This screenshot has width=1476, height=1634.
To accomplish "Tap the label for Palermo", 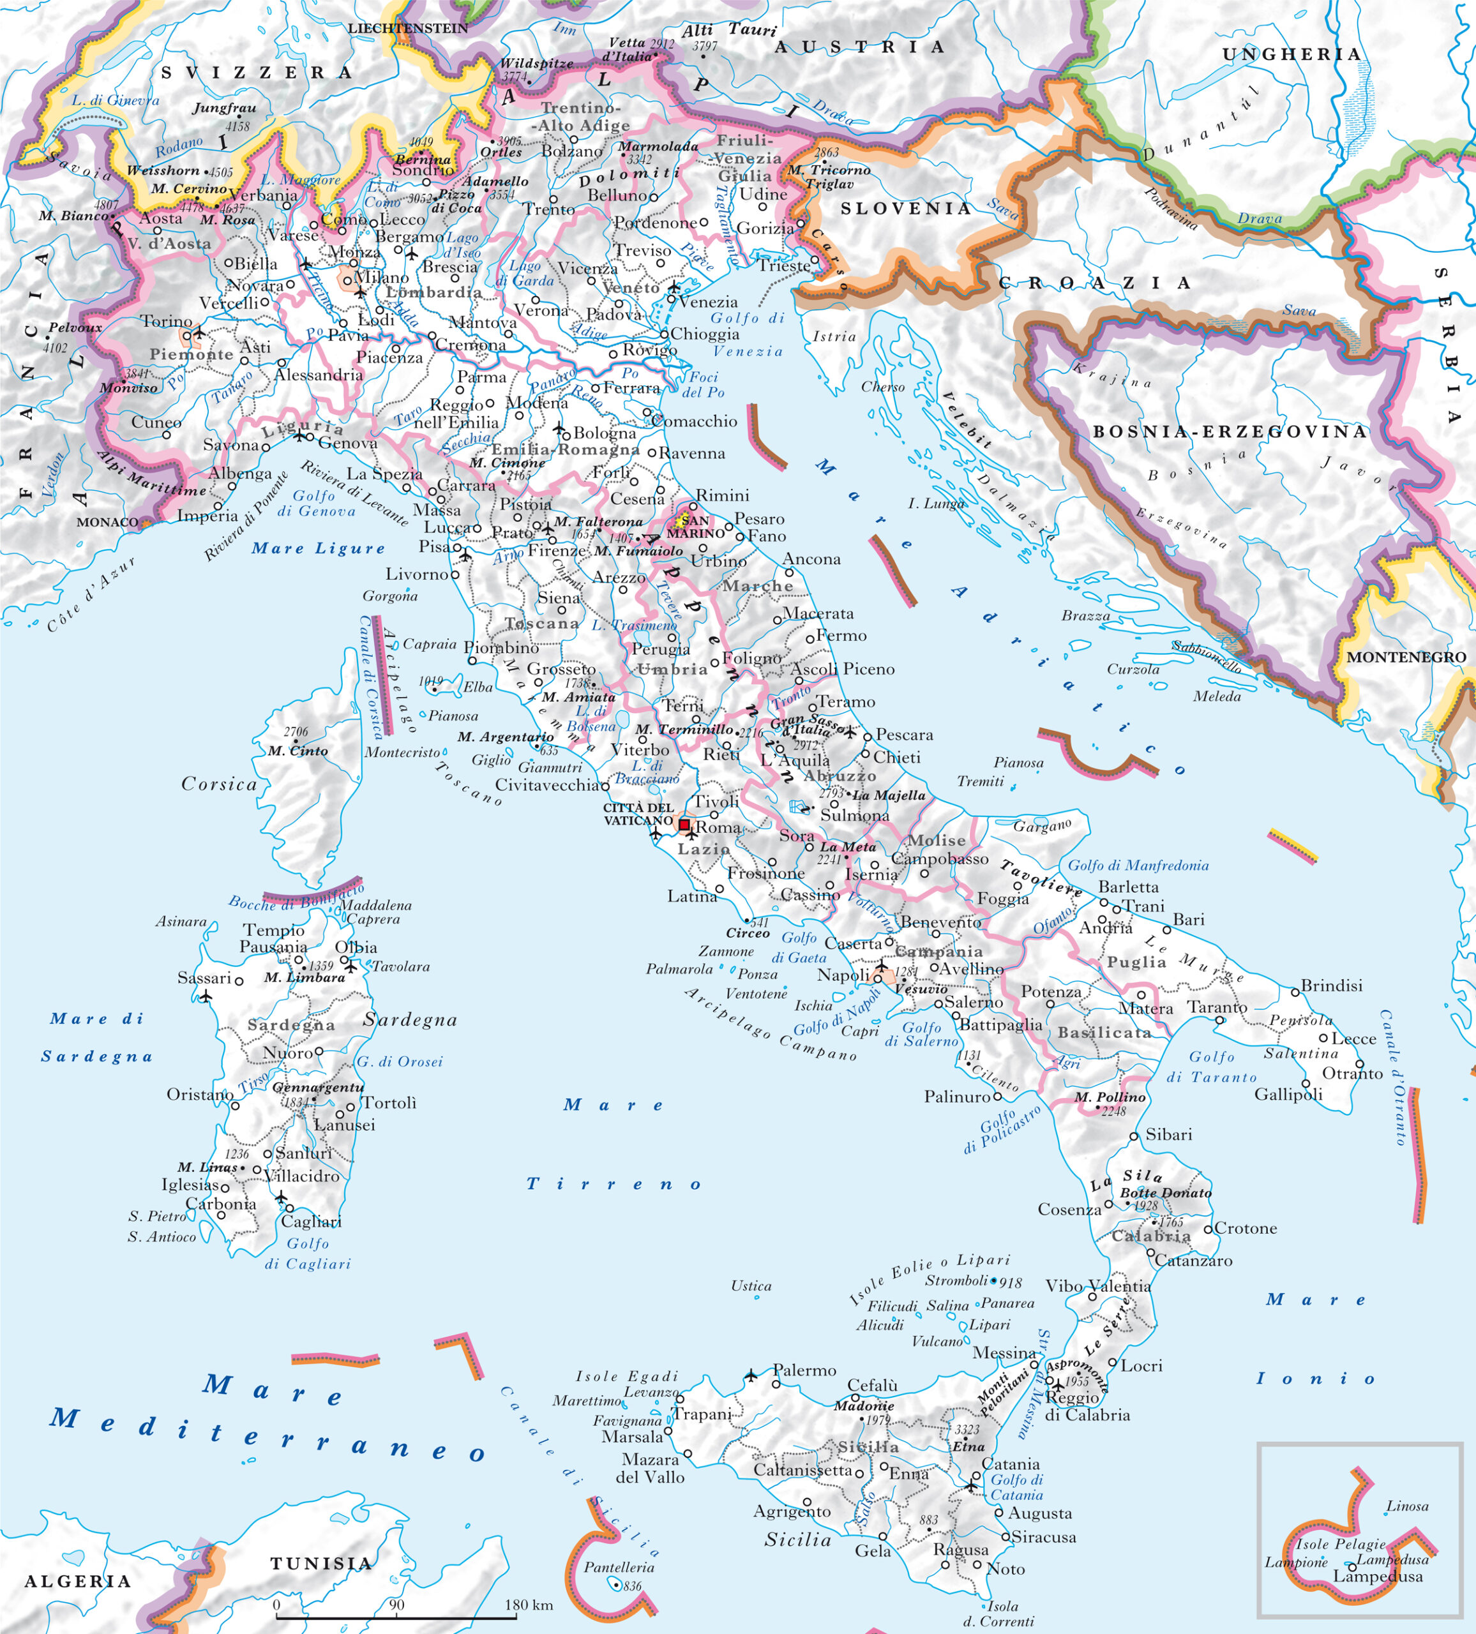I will pos(804,1370).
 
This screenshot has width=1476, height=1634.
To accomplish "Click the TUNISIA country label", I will pos(321,1564).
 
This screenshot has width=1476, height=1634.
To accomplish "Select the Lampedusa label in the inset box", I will pos(1378,1577).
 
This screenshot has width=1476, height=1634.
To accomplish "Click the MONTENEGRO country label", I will pos(1406,657).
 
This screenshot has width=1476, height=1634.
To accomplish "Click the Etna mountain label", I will pos(968,1446).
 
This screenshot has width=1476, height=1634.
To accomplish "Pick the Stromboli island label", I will pos(956,1280).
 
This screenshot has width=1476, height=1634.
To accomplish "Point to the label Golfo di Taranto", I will pos(1211,1067).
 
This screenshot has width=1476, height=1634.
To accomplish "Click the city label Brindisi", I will pos(1332,986).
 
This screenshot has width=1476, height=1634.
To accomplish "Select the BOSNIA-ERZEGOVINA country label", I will pos(1230,432).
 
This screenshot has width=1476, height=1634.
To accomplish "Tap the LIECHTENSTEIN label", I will pos(408,28).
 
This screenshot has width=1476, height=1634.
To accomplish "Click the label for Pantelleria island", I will pos(619,1568).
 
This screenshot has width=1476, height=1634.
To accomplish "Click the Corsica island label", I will pos(219,784).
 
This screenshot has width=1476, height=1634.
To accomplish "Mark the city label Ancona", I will pos(811,559).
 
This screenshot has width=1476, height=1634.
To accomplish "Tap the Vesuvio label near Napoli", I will pos(921,989).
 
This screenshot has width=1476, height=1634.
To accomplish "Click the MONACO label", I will pos(107,522).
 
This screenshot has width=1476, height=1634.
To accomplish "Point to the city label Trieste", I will pos(784,265).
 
